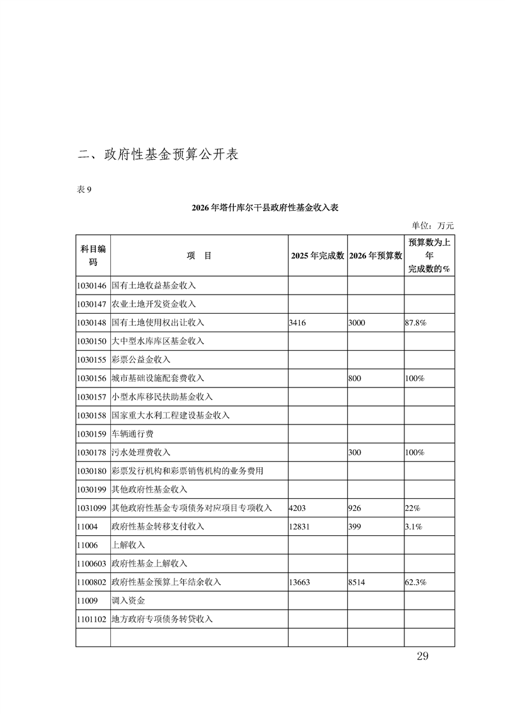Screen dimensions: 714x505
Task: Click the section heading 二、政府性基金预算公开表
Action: click(158, 154)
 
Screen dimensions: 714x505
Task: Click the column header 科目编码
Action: click(93, 255)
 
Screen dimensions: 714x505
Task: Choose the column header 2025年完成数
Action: click(317, 256)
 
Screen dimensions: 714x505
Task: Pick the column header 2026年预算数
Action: click(376, 256)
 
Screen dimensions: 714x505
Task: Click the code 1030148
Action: click(92, 323)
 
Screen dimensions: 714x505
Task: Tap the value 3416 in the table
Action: click(297, 323)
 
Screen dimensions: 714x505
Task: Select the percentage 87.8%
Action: click(415, 323)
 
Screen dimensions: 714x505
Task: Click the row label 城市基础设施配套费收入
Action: click(158, 378)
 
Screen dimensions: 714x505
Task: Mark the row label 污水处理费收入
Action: click(141, 452)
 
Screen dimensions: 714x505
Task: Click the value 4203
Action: click(297, 508)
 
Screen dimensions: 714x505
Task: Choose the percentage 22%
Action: click(412, 508)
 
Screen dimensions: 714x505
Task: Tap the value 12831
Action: click(299, 526)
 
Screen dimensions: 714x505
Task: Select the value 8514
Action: click(357, 582)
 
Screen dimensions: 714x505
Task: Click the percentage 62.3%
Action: click(415, 582)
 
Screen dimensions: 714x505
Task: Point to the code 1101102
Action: click(92, 619)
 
